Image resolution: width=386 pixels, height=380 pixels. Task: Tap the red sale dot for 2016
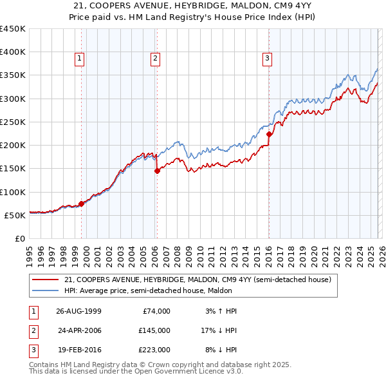pyautogui.click(x=269, y=135)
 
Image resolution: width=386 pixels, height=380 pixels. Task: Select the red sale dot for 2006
pyautogui.click(x=157, y=171)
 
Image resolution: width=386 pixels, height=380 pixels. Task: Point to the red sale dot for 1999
pyautogui.click(x=81, y=204)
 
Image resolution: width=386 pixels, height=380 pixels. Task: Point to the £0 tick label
pyautogui.click(x=20, y=238)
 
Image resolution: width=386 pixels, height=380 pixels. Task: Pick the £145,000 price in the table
pyautogui.click(x=155, y=330)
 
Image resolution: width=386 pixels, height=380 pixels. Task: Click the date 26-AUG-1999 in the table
pyautogui.click(x=78, y=311)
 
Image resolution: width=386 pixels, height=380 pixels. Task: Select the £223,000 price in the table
pyautogui.click(x=155, y=350)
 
